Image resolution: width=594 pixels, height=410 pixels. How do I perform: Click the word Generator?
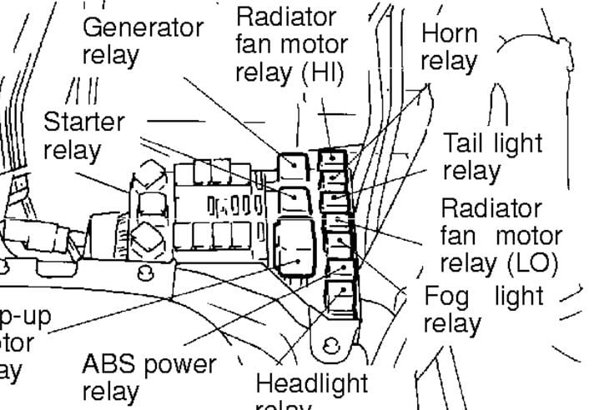coord(142,27)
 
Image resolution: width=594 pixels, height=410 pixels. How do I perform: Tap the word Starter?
coord(83,122)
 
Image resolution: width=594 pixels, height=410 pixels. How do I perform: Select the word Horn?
coord(450,34)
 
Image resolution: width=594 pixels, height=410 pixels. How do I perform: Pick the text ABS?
coord(112,364)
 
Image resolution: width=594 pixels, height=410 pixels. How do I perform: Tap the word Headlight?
coord(310,383)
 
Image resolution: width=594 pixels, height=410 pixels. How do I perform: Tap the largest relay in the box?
coord(295,245)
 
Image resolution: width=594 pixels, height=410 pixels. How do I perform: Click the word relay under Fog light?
coord(451,322)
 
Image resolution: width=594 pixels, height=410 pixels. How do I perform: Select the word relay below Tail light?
coord(471,171)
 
